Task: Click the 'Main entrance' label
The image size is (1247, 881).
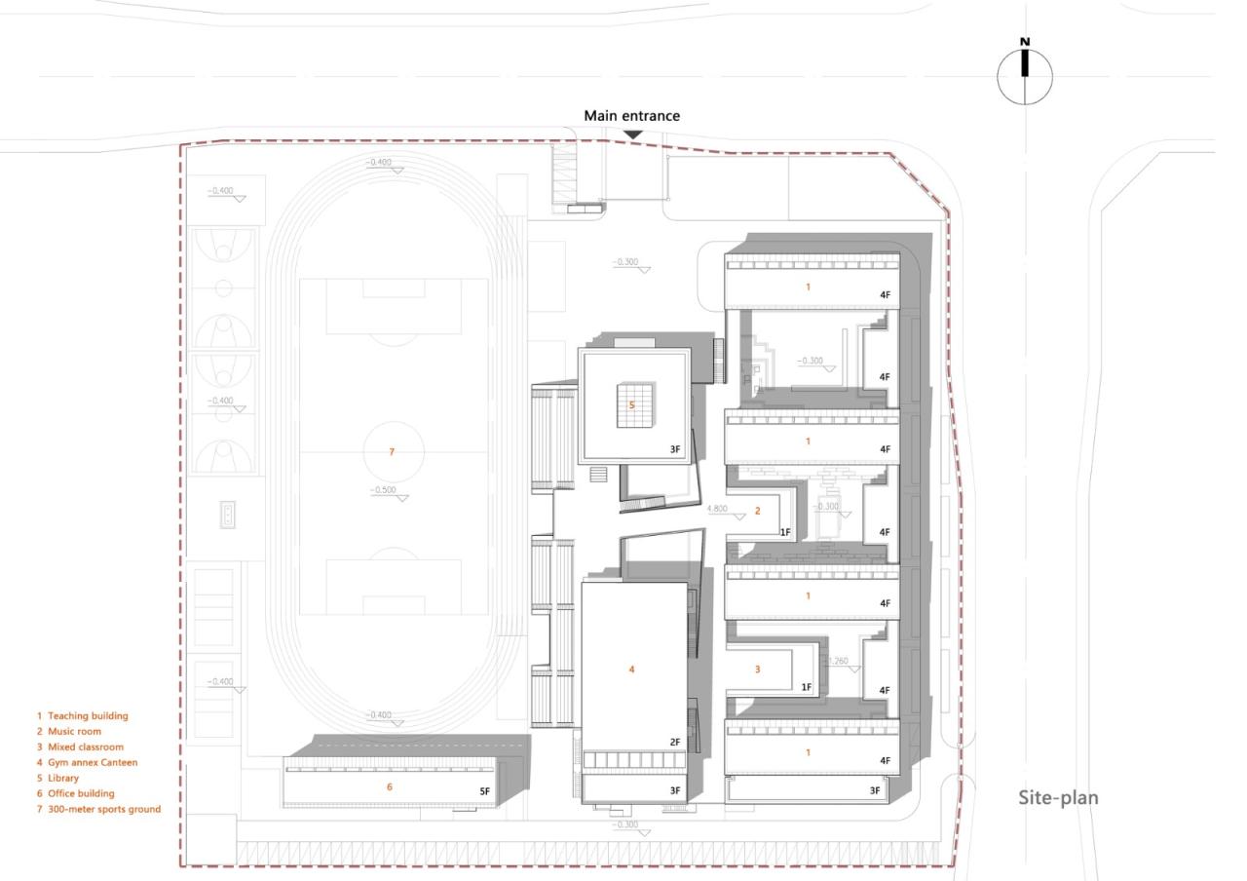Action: pyautogui.click(x=631, y=116)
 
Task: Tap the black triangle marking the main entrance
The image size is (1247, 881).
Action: pyautogui.click(x=632, y=134)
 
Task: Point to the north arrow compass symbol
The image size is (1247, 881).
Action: pyautogui.click(x=1025, y=74)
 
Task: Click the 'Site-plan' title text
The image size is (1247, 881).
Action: pyautogui.click(x=1058, y=798)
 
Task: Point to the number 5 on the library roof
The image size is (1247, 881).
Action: pyautogui.click(x=631, y=404)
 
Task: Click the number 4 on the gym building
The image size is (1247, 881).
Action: pyautogui.click(x=631, y=670)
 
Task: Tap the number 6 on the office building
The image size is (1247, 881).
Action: pyautogui.click(x=390, y=786)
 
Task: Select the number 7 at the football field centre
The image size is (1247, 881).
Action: pyautogui.click(x=392, y=452)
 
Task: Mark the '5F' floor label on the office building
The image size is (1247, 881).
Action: pyautogui.click(x=484, y=791)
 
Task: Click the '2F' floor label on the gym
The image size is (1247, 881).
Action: pyautogui.click(x=674, y=743)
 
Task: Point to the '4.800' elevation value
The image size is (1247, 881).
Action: pyautogui.click(x=717, y=509)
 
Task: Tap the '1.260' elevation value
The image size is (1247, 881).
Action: pyautogui.click(x=837, y=661)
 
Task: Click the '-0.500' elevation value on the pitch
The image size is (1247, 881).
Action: pyautogui.click(x=384, y=490)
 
